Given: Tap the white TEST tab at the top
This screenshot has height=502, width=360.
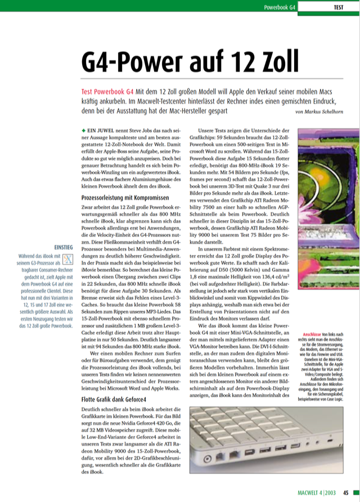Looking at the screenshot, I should point(339,7).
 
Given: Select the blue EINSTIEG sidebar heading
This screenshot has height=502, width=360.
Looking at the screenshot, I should point(62,247).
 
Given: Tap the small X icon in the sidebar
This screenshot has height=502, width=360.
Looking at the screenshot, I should point(67,259).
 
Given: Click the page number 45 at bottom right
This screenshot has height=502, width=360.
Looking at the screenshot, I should point(348,494).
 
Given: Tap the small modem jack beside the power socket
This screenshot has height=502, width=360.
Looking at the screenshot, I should point(220,456).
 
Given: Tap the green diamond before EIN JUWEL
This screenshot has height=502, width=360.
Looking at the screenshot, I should point(84,130).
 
